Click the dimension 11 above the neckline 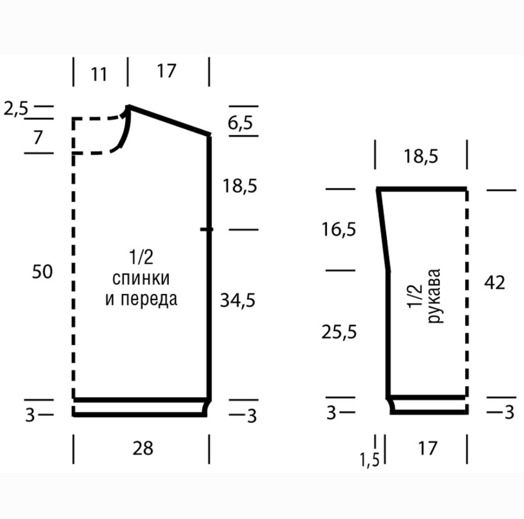click(99, 74)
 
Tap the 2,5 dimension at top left click(16, 109)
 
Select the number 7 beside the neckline click(38, 137)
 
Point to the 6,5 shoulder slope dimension click(240, 123)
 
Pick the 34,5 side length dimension click(238, 300)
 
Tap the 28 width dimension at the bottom click(143, 448)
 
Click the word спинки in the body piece click(141, 278)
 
